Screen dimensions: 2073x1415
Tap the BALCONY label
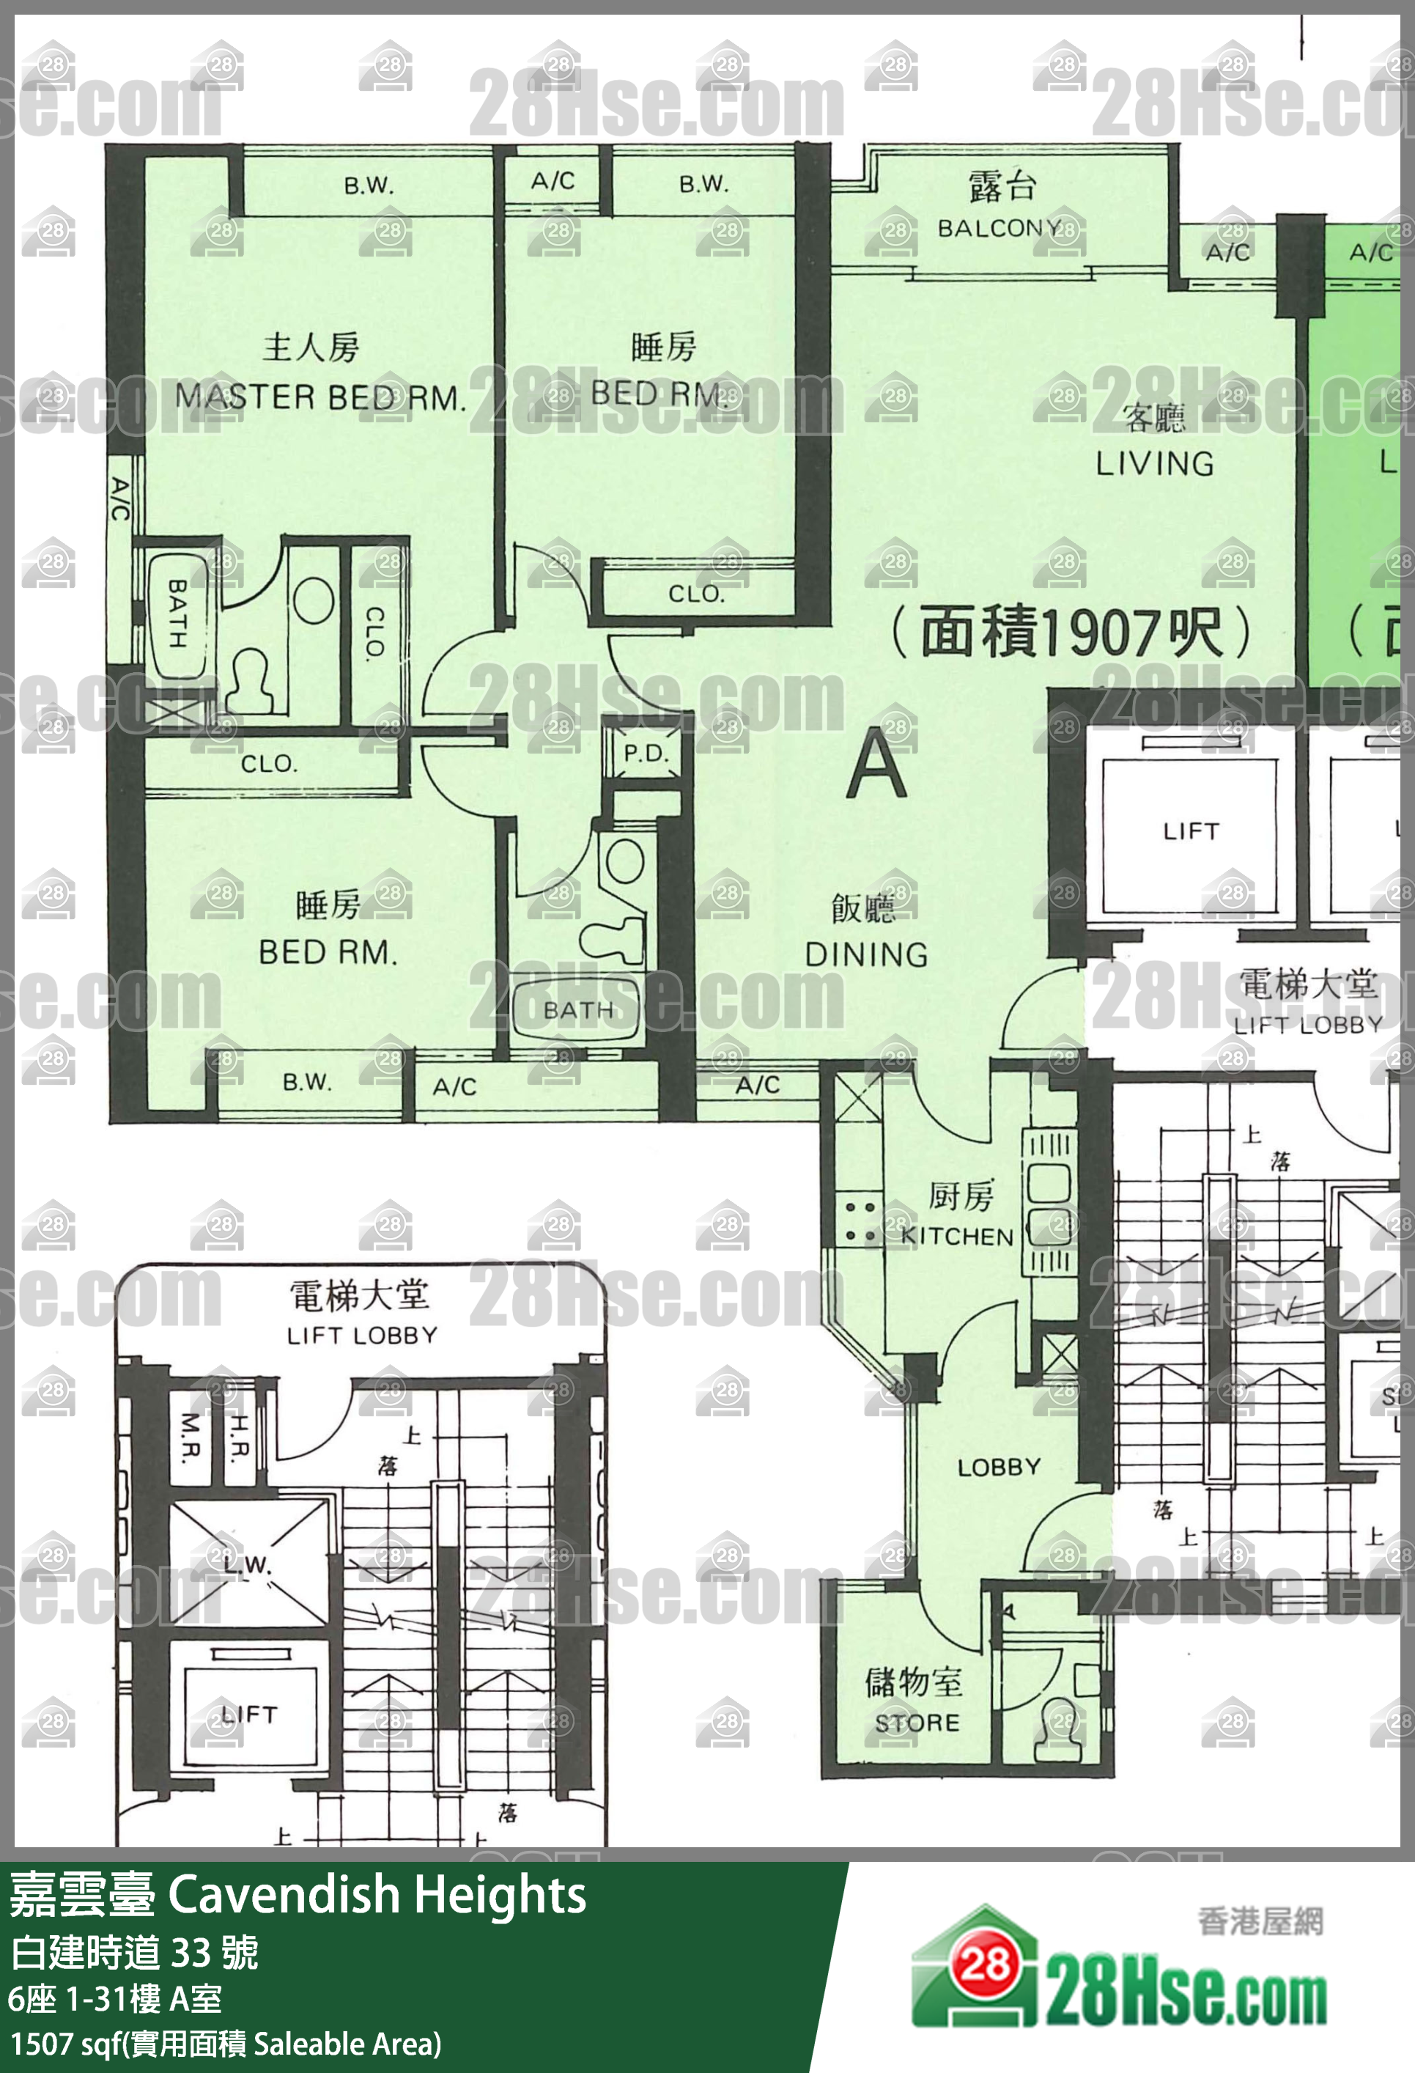point(999,229)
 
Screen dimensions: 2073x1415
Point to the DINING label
point(865,954)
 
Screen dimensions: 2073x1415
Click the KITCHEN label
point(958,1237)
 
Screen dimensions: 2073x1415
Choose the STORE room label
point(917,1723)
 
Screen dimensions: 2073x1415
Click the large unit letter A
point(876,764)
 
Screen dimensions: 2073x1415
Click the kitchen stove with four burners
point(860,1222)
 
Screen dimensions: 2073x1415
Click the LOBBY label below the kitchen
point(999,1468)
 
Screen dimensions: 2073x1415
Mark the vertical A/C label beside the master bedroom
point(120,498)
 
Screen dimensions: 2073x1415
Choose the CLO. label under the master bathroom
point(268,764)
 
